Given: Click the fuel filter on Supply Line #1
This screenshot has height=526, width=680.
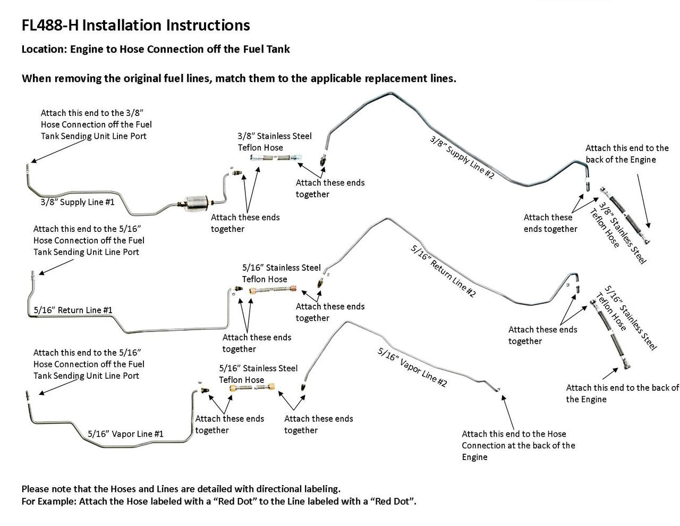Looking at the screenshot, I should tap(194, 202).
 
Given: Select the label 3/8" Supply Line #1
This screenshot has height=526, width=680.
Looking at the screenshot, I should tap(78, 203).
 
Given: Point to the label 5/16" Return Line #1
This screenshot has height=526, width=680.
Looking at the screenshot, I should tap(73, 310).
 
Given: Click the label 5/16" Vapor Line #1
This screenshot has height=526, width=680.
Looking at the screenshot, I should tap(125, 433).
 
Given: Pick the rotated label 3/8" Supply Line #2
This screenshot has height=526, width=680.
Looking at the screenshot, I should tap(462, 157).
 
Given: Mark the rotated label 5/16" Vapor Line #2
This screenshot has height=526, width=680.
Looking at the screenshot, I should tap(412, 368).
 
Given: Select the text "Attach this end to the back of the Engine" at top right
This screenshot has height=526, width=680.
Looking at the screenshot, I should tap(627, 154).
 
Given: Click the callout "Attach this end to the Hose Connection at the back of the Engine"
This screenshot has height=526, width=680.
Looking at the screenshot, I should tap(518, 445).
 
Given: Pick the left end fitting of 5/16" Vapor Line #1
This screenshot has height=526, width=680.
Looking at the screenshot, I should tap(27, 395).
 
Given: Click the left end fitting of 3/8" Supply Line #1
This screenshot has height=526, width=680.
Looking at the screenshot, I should tap(27, 169).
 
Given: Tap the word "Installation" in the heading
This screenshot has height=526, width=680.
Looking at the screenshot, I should tap(123, 25).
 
